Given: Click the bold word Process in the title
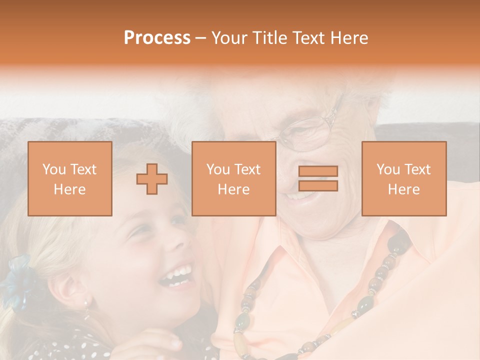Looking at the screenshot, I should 157,38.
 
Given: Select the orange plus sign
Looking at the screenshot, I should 152,178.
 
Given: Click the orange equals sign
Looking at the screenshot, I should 318,178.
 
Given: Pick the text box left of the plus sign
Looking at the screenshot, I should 70,178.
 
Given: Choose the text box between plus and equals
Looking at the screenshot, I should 233,178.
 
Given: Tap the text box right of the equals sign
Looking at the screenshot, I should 403,178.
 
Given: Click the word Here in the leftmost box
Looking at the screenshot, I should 70,189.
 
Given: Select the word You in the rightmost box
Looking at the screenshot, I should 387,169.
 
